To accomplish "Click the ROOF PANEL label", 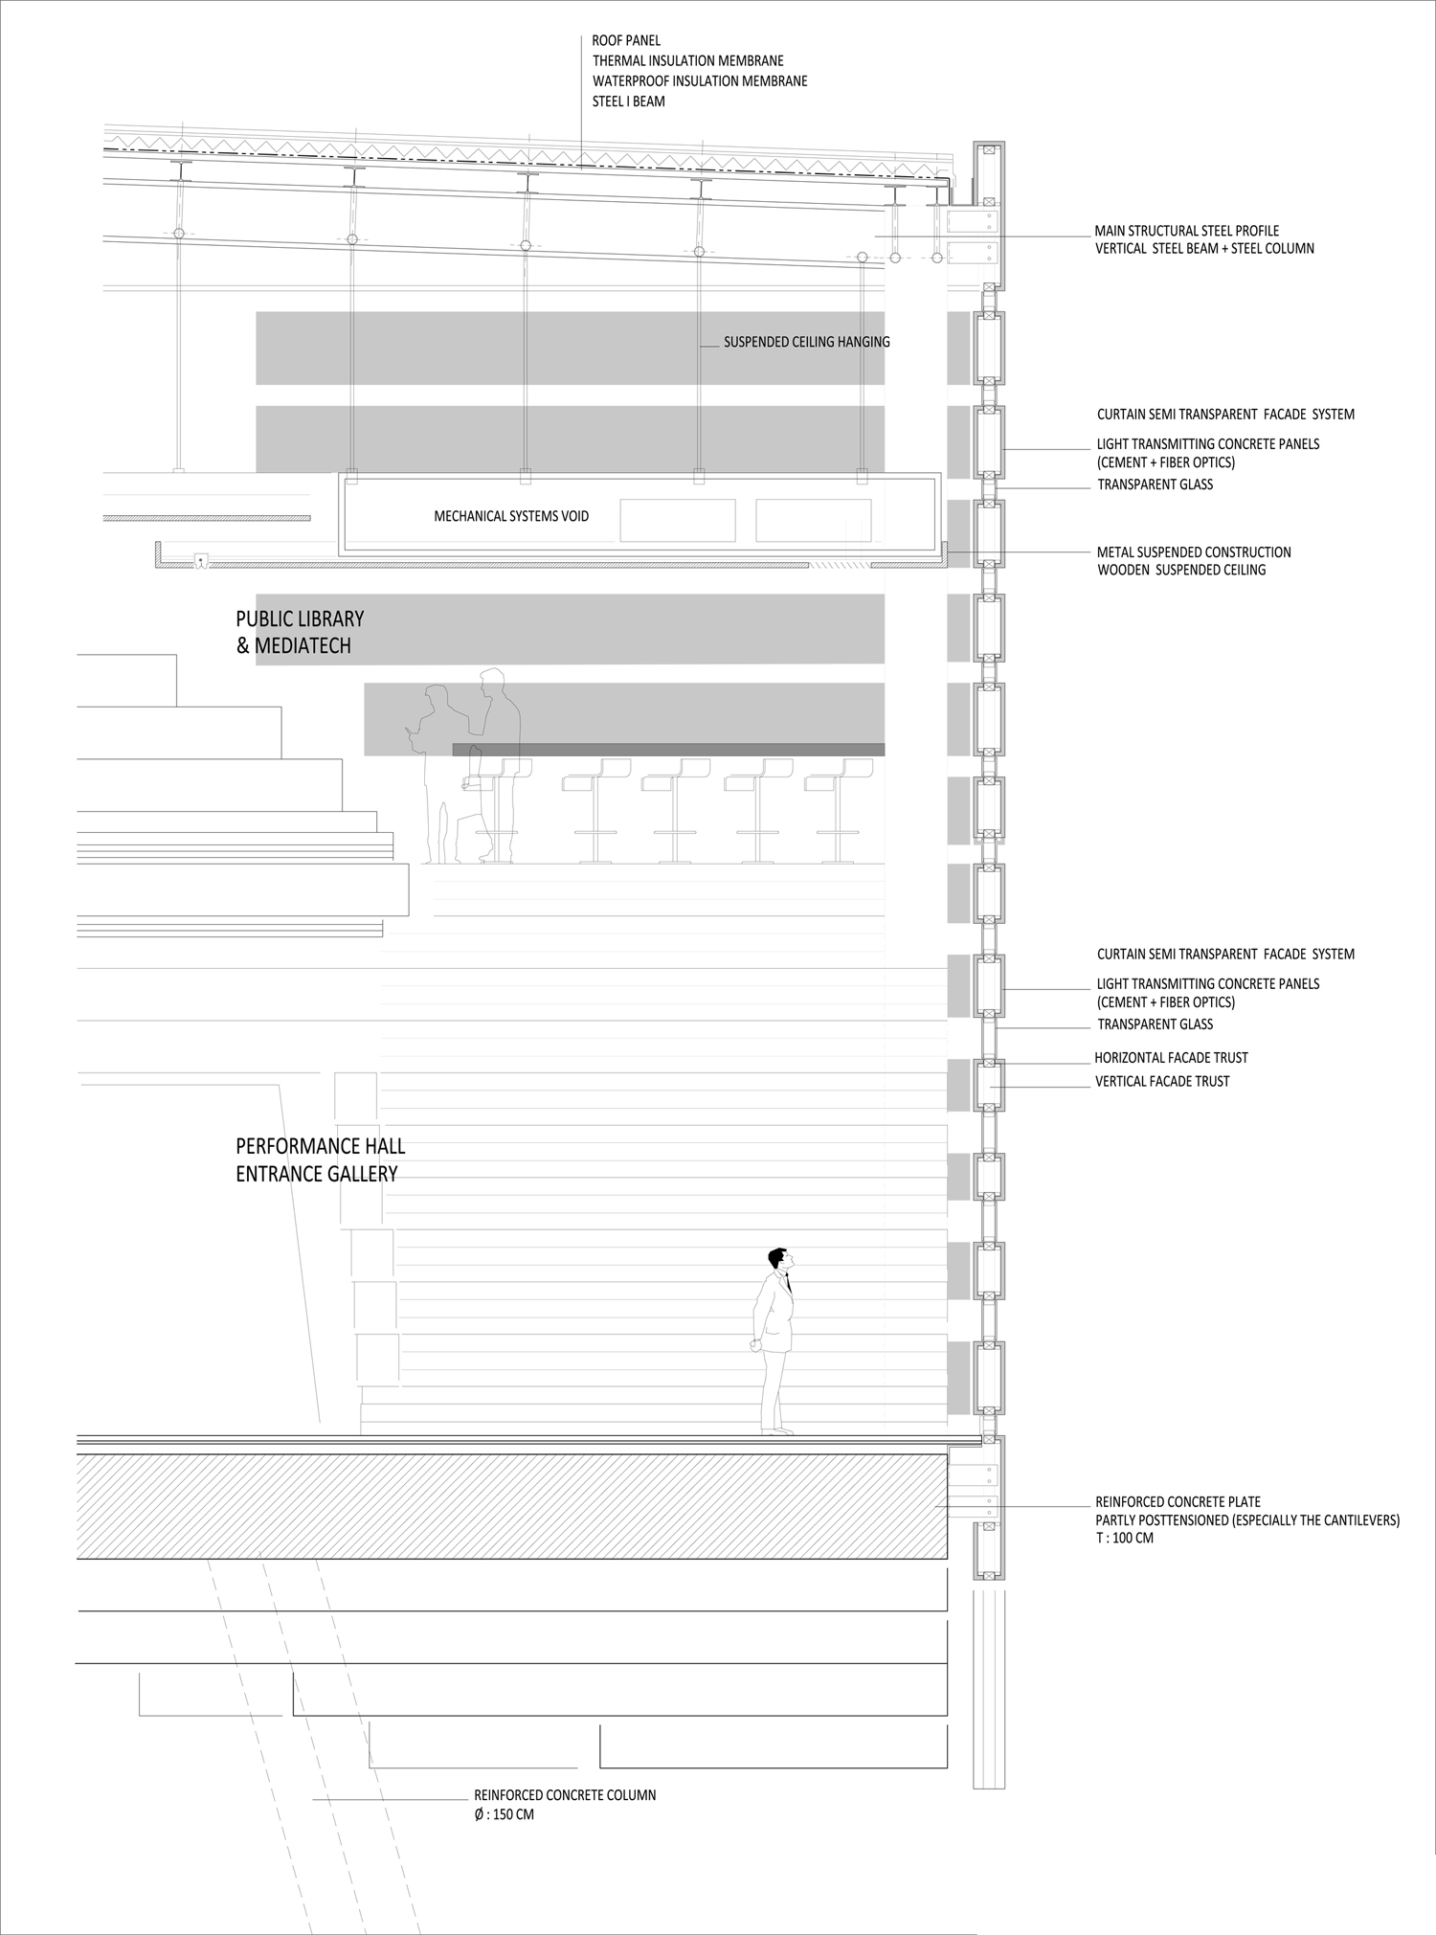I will tap(626, 41).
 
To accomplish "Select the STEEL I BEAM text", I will tap(628, 101).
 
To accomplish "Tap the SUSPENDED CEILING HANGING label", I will tap(806, 342).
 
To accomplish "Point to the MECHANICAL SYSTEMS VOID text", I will tap(511, 516).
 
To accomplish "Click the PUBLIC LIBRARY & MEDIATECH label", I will tap(300, 633).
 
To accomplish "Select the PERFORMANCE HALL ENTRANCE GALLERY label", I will tap(320, 1159).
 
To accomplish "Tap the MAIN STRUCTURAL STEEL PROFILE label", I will tap(1186, 231).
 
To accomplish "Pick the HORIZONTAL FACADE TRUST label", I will tap(1171, 1058).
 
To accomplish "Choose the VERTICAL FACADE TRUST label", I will tap(1162, 1082).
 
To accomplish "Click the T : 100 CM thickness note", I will tap(1124, 1539).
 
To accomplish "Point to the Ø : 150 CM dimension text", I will tap(504, 1814).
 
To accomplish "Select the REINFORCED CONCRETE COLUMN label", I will tap(565, 1795).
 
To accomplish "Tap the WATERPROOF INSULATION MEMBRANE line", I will tap(700, 81).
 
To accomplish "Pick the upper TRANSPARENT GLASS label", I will tap(1155, 484).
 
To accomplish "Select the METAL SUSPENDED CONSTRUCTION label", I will tap(1194, 552).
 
